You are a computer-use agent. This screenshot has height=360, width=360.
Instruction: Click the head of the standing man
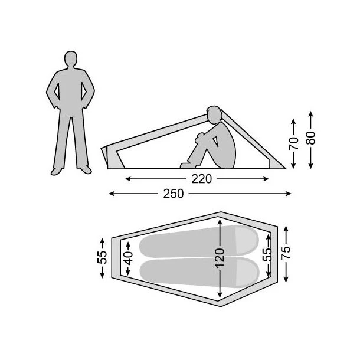point(71,58)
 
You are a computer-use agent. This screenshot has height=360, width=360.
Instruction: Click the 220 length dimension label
point(201,179)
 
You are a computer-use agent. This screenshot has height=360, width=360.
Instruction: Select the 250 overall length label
point(174,194)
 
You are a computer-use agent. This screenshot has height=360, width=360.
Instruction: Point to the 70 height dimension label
point(293,143)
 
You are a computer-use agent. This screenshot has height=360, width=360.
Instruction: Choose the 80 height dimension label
point(310,138)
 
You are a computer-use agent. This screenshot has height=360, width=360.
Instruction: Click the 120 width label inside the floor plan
point(220,258)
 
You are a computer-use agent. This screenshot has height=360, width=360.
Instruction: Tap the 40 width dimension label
point(128,258)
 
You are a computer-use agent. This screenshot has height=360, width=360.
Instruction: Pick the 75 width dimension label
point(286,253)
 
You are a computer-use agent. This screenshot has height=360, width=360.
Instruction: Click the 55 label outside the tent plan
point(102,257)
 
